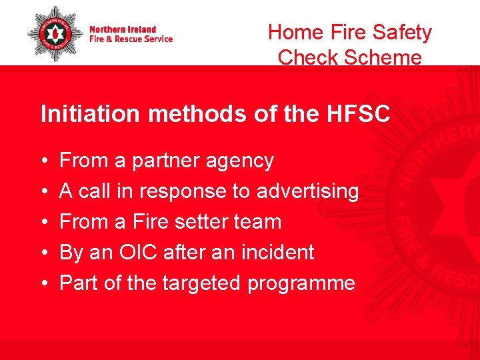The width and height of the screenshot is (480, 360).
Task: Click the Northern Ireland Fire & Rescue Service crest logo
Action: (x=55, y=33)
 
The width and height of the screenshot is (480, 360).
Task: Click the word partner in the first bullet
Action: (x=167, y=161)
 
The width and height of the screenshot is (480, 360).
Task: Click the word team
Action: (x=261, y=221)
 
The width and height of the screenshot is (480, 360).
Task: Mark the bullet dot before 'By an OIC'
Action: (x=43, y=253)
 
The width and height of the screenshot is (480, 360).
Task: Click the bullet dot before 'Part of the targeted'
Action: (x=43, y=284)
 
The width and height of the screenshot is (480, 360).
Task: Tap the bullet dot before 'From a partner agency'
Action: (x=43, y=161)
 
